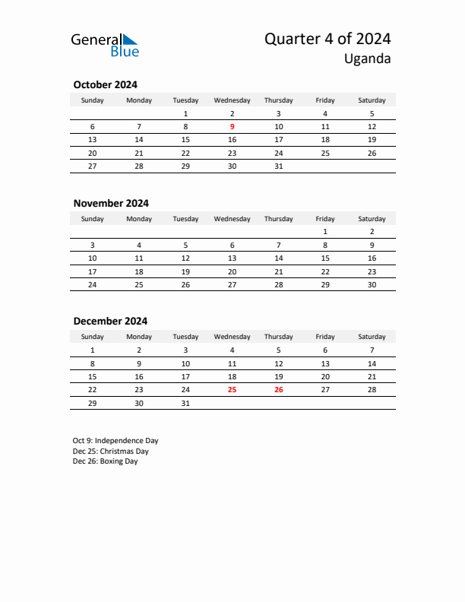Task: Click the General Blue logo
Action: [105, 45]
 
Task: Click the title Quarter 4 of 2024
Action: [327, 40]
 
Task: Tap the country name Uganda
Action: [367, 59]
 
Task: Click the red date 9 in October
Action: [232, 127]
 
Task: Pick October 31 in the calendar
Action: [278, 166]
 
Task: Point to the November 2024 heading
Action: [111, 203]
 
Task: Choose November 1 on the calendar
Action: [325, 231]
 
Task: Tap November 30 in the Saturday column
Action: [372, 284]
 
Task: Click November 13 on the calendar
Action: [232, 258]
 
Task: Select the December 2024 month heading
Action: [110, 321]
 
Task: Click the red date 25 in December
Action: [232, 389]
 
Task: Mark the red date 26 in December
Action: [278, 389]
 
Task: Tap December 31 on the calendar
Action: [185, 403]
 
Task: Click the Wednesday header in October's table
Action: [232, 100]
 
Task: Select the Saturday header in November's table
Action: [372, 219]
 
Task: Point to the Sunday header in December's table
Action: [93, 337]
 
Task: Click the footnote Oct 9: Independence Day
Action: [115, 441]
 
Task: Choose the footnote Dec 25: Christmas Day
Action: [111, 451]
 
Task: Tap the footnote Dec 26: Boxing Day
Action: [106, 461]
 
